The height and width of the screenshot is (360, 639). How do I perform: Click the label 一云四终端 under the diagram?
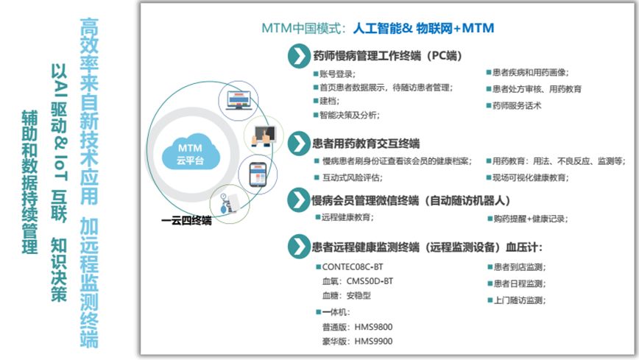coord(187,219)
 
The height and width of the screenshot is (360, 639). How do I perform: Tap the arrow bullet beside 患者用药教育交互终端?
coord(298,142)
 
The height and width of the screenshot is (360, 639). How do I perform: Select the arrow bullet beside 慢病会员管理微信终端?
coord(298,200)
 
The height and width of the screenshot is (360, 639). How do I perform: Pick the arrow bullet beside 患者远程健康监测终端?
coord(298,247)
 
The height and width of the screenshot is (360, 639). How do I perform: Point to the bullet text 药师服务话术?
coord(517,105)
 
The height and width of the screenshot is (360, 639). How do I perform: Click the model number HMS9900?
coord(373,341)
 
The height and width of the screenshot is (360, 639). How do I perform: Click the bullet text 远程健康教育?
coord(347,217)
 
